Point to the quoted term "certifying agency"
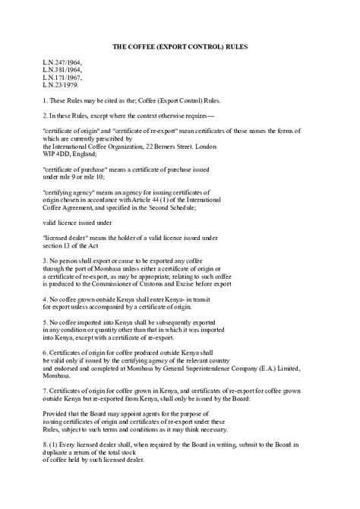(68, 193)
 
